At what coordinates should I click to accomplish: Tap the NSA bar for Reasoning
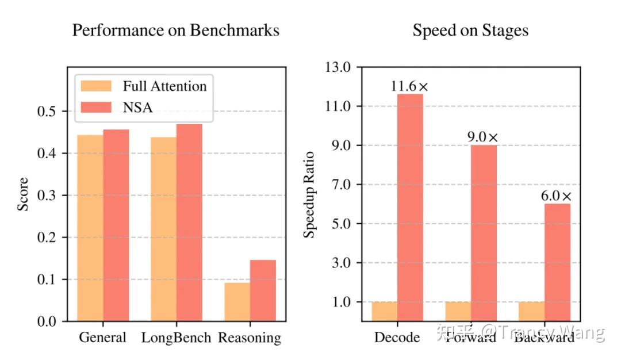tap(263, 290)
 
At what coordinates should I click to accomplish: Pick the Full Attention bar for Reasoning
tap(237, 302)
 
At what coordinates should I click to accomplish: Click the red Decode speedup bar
tap(411, 207)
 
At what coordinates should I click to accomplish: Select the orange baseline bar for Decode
tap(385, 311)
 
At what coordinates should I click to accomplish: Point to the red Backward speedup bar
tap(558, 262)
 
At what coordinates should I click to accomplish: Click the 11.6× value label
tap(410, 87)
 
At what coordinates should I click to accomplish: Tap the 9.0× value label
tap(483, 137)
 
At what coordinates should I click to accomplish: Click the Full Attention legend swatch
tap(96, 86)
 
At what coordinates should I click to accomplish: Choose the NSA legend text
tap(138, 107)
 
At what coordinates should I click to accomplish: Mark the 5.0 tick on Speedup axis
tap(341, 224)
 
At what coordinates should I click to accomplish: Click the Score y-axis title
tap(22, 194)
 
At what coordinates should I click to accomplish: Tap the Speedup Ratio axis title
tap(310, 194)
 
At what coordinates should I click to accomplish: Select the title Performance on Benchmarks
tap(175, 30)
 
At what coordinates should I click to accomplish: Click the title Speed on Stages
tap(470, 30)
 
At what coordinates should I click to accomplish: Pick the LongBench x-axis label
tap(177, 338)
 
